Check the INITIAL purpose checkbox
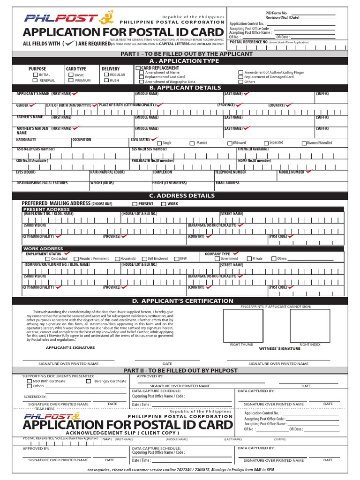click(x=36, y=75)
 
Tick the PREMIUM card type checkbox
click(x=71, y=81)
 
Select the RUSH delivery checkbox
click(x=106, y=81)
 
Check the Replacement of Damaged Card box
click(x=241, y=77)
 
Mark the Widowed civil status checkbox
click(x=230, y=143)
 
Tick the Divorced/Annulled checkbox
click(x=304, y=143)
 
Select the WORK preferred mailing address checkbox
click(x=164, y=204)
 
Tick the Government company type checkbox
click(x=217, y=259)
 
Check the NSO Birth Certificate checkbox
click(x=30, y=382)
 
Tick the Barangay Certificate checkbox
click(x=89, y=382)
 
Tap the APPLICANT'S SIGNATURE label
click(x=70, y=348)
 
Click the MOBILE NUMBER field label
click(x=291, y=172)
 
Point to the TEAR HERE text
click(x=45, y=409)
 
